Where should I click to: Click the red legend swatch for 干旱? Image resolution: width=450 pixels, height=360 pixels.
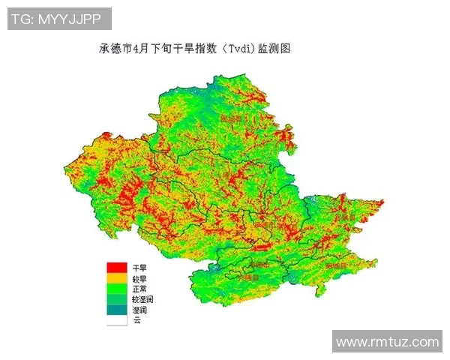coord(115,267)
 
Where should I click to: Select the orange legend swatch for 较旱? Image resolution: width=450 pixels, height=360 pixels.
coord(115,277)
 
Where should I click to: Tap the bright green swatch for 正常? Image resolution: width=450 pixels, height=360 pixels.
coord(115,288)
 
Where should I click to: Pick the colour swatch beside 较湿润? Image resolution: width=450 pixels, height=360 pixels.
coord(115,298)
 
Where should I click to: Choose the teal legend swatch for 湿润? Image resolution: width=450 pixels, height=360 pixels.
coord(115,309)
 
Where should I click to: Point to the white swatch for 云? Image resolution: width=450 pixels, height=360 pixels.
coord(115,319)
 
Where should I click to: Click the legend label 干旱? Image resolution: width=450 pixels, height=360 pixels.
coord(139,268)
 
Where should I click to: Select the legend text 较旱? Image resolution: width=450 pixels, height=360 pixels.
coord(139,278)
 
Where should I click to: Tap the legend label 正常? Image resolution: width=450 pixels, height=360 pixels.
coord(139,289)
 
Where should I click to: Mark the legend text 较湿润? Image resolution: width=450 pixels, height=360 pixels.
coord(142,299)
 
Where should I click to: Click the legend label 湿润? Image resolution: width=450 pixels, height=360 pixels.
coord(139,310)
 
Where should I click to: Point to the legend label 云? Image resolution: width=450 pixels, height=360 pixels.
coord(136,320)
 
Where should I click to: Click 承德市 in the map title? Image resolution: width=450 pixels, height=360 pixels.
coord(115,49)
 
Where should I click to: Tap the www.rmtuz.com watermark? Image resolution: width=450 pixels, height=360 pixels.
coord(387,342)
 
